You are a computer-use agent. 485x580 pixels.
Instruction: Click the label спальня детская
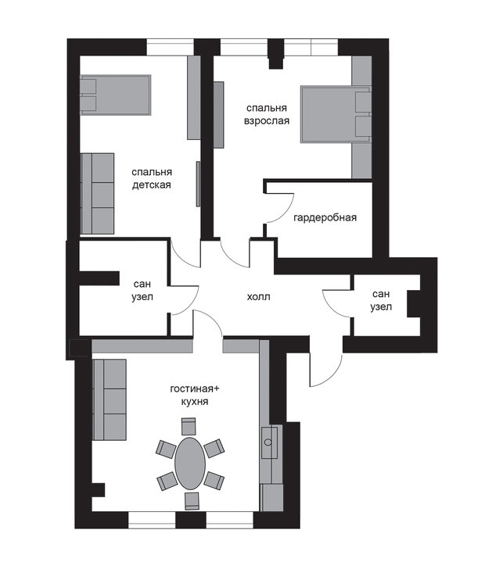point(152,178)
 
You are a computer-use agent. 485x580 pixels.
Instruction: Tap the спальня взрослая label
point(267,114)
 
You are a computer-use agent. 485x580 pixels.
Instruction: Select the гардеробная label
point(325,217)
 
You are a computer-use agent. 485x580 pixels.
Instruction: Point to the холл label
point(259,297)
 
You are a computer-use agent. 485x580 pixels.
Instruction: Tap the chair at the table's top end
point(189,427)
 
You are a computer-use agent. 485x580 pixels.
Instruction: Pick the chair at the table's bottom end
point(192,501)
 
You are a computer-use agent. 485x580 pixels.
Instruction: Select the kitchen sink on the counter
point(269,442)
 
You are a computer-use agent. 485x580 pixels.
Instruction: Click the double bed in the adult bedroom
point(336,114)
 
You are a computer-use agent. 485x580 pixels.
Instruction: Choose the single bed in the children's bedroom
point(116,95)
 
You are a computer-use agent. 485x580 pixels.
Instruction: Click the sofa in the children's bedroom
point(97,193)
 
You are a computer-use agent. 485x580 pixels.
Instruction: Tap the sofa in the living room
point(110,399)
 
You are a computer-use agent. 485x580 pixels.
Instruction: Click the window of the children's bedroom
point(171,48)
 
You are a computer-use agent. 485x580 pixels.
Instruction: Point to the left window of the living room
point(152,520)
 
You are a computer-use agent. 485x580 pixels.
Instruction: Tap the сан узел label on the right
point(381,300)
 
